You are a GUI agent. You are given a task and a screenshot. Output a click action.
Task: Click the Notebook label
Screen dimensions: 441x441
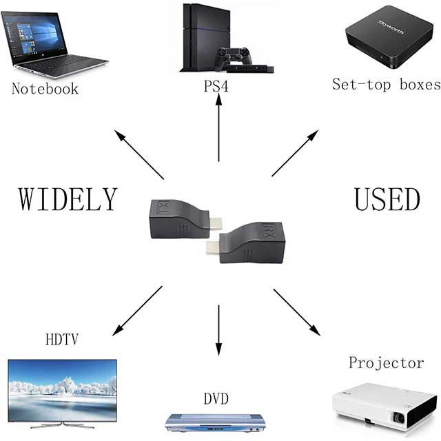(45, 88)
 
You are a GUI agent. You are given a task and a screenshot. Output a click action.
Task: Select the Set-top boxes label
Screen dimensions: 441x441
(386, 85)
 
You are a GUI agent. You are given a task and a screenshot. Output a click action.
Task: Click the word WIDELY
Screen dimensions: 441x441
(68, 198)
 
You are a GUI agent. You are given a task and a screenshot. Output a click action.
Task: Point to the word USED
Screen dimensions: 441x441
(387, 198)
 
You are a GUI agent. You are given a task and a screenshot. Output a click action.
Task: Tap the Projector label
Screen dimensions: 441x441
(386, 362)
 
